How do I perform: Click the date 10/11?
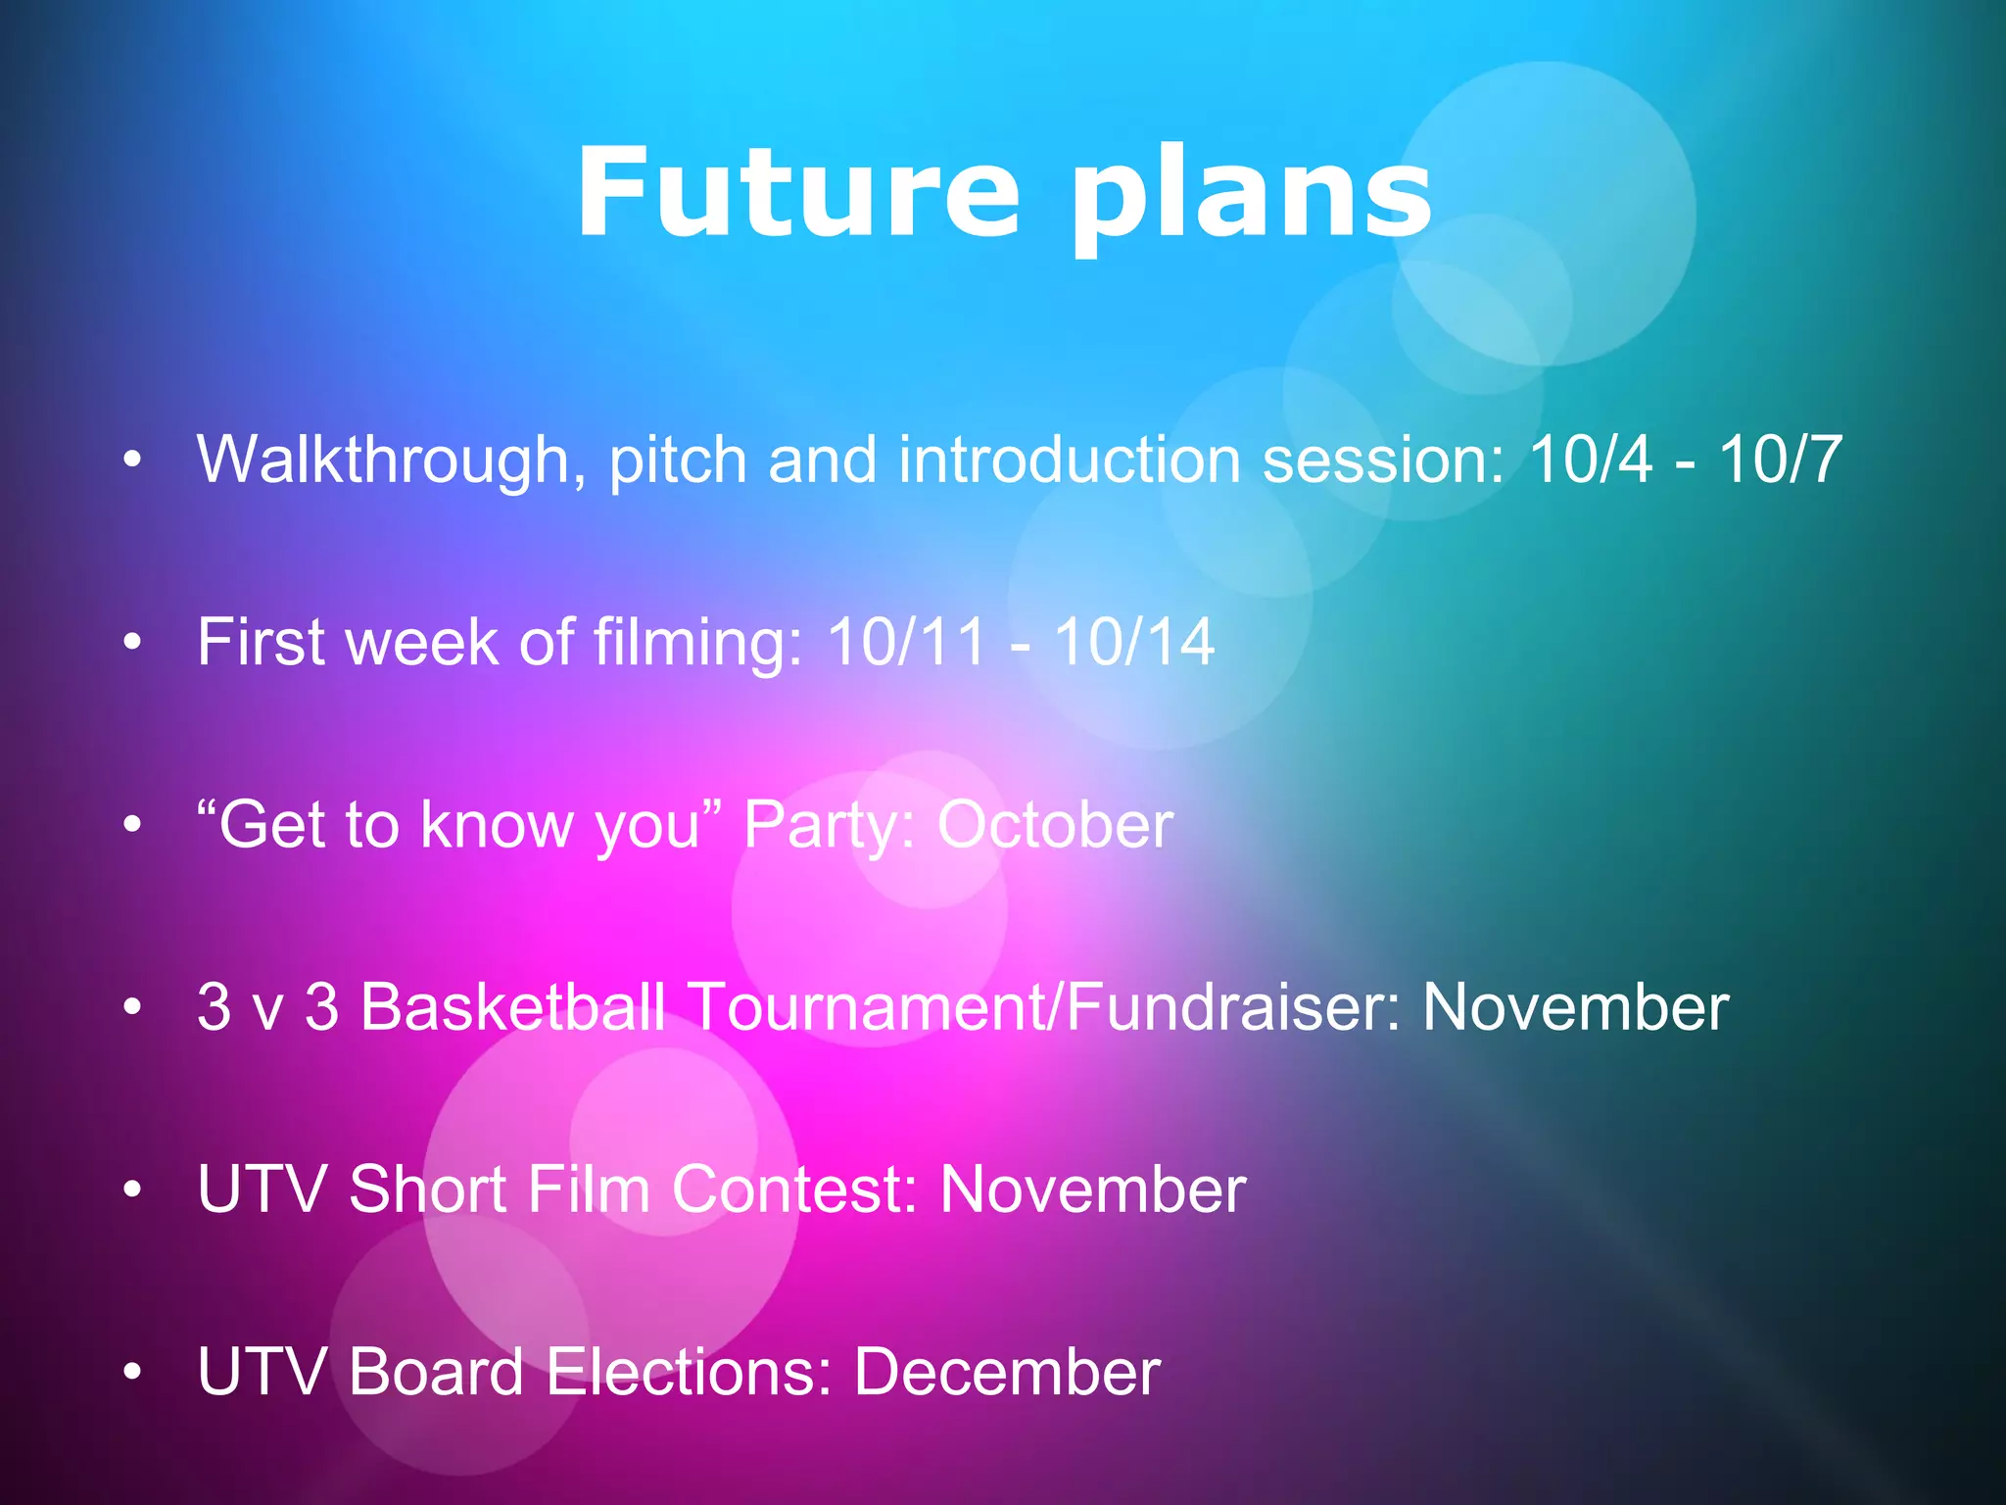click(x=906, y=642)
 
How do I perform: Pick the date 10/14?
click(x=1134, y=642)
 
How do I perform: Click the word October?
click(x=1055, y=824)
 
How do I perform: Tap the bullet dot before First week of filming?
click(x=133, y=643)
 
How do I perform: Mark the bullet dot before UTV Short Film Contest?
click(x=133, y=1189)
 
